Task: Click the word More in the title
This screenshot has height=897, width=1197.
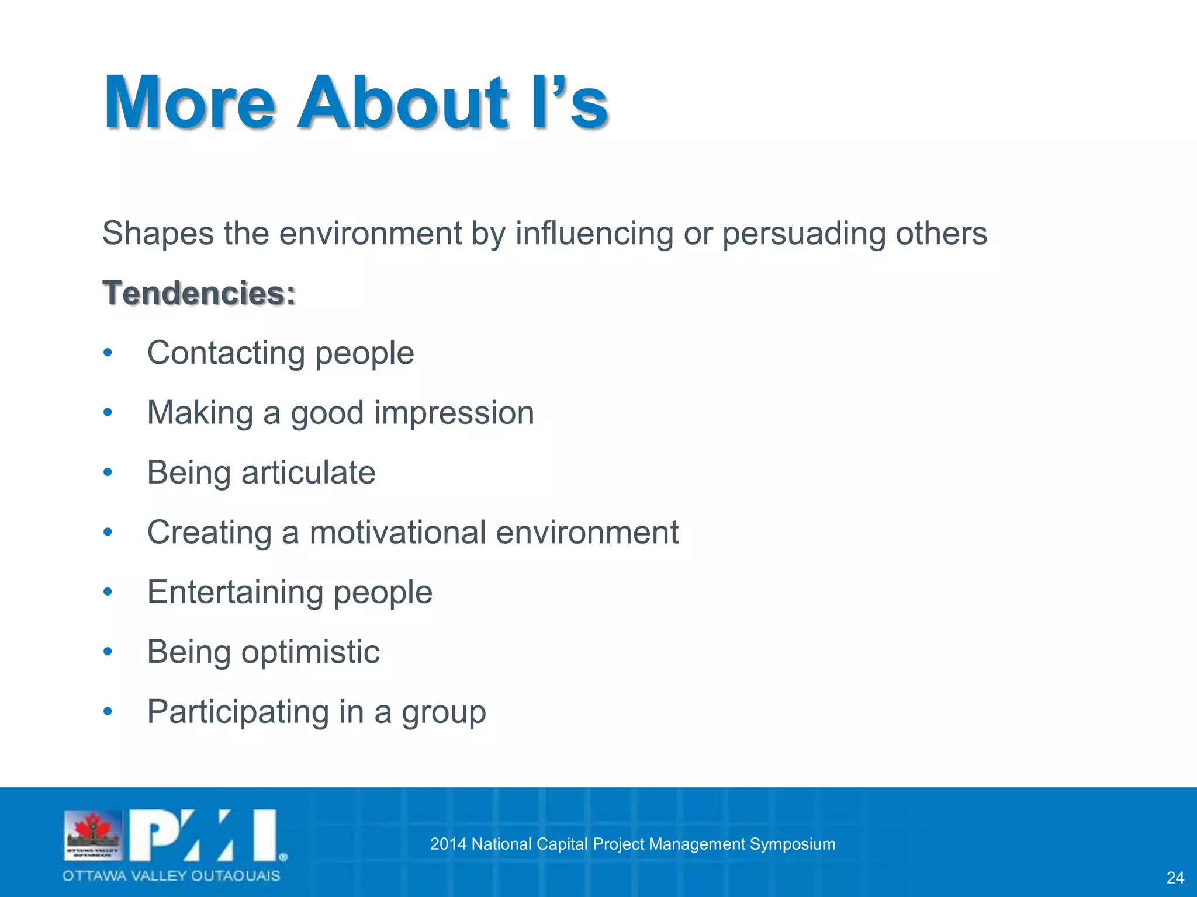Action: [189, 103]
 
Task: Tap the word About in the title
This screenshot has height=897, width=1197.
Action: [402, 103]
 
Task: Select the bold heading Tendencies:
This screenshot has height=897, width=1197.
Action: [199, 293]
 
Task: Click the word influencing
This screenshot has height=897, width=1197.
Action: [594, 234]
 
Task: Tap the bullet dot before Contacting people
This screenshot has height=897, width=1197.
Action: [108, 353]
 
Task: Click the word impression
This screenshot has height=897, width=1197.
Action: [454, 413]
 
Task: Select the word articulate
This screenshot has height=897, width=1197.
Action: [308, 472]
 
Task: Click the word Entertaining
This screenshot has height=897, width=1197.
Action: [235, 592]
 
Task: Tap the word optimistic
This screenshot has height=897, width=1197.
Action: [310, 652]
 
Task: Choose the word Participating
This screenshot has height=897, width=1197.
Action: [238, 712]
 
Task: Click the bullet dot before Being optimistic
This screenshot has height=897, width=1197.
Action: [108, 652]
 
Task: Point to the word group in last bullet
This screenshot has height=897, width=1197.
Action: [443, 713]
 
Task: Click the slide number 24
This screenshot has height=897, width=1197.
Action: [1175, 878]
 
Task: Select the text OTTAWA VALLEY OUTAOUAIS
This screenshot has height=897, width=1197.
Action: [171, 875]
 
